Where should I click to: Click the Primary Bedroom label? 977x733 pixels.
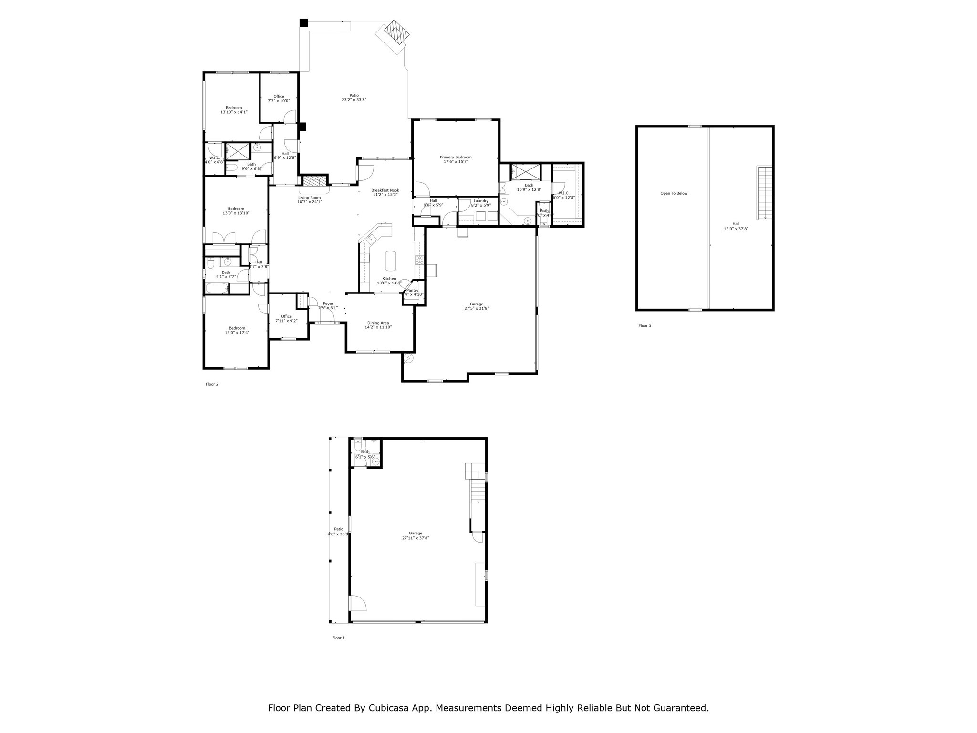tap(455, 157)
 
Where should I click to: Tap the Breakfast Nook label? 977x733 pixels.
tap(385, 190)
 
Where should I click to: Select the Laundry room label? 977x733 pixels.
tap(480, 201)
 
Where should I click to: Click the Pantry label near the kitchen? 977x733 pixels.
tap(412, 290)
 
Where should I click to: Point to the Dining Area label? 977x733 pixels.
tap(378, 323)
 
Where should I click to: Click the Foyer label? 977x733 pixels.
tap(328, 304)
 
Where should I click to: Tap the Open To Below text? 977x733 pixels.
tap(674, 193)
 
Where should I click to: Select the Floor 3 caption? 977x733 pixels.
tap(644, 326)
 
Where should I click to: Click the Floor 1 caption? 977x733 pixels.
tap(338, 638)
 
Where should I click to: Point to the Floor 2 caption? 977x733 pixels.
tap(212, 384)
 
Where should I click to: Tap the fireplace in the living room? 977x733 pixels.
tap(314, 182)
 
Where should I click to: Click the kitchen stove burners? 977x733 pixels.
tap(419, 260)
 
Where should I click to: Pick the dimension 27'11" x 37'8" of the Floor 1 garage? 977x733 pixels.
tap(416, 538)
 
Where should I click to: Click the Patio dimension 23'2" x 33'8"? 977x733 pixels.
tap(354, 100)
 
